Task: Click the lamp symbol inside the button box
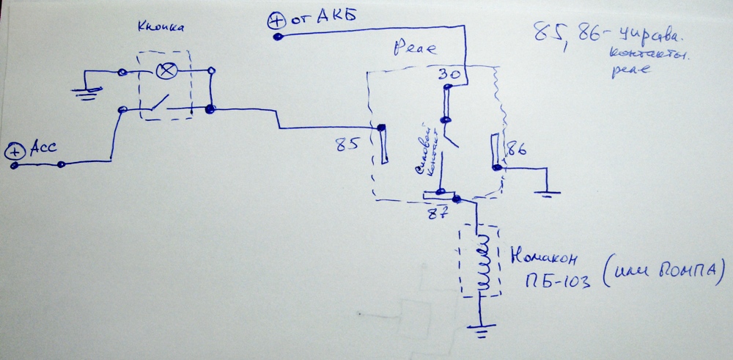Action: pyautogui.click(x=166, y=71)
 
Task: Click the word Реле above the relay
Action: pyautogui.click(x=415, y=51)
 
